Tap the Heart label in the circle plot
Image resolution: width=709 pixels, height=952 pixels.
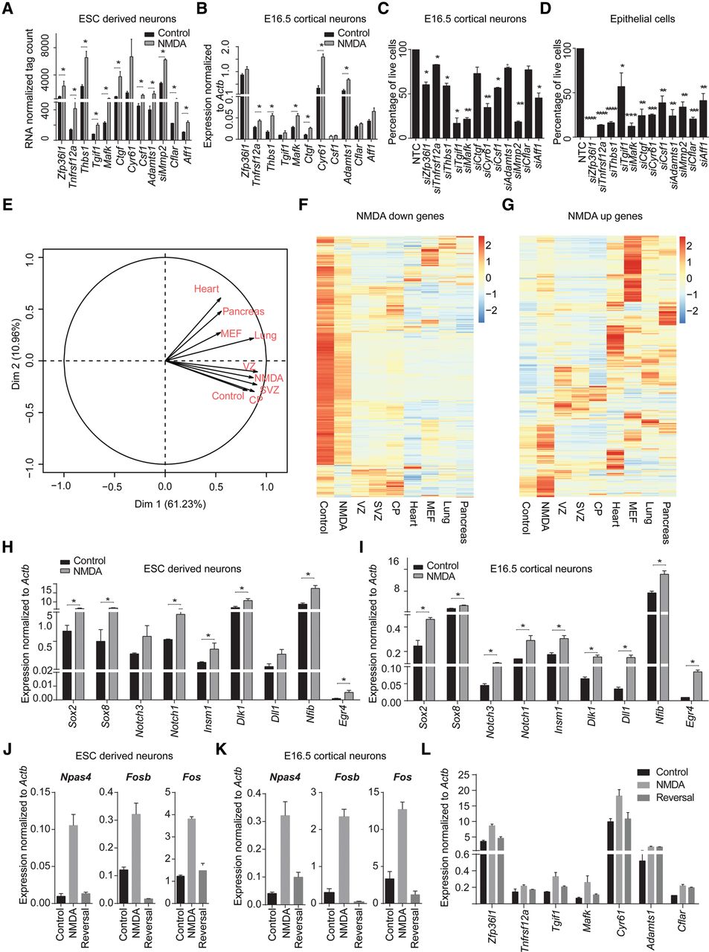click(207, 289)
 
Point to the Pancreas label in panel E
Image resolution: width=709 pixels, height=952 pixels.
click(243, 312)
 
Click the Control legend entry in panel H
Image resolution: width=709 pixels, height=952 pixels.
click(84, 561)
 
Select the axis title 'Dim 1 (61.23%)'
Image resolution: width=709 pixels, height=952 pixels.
click(164, 504)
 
